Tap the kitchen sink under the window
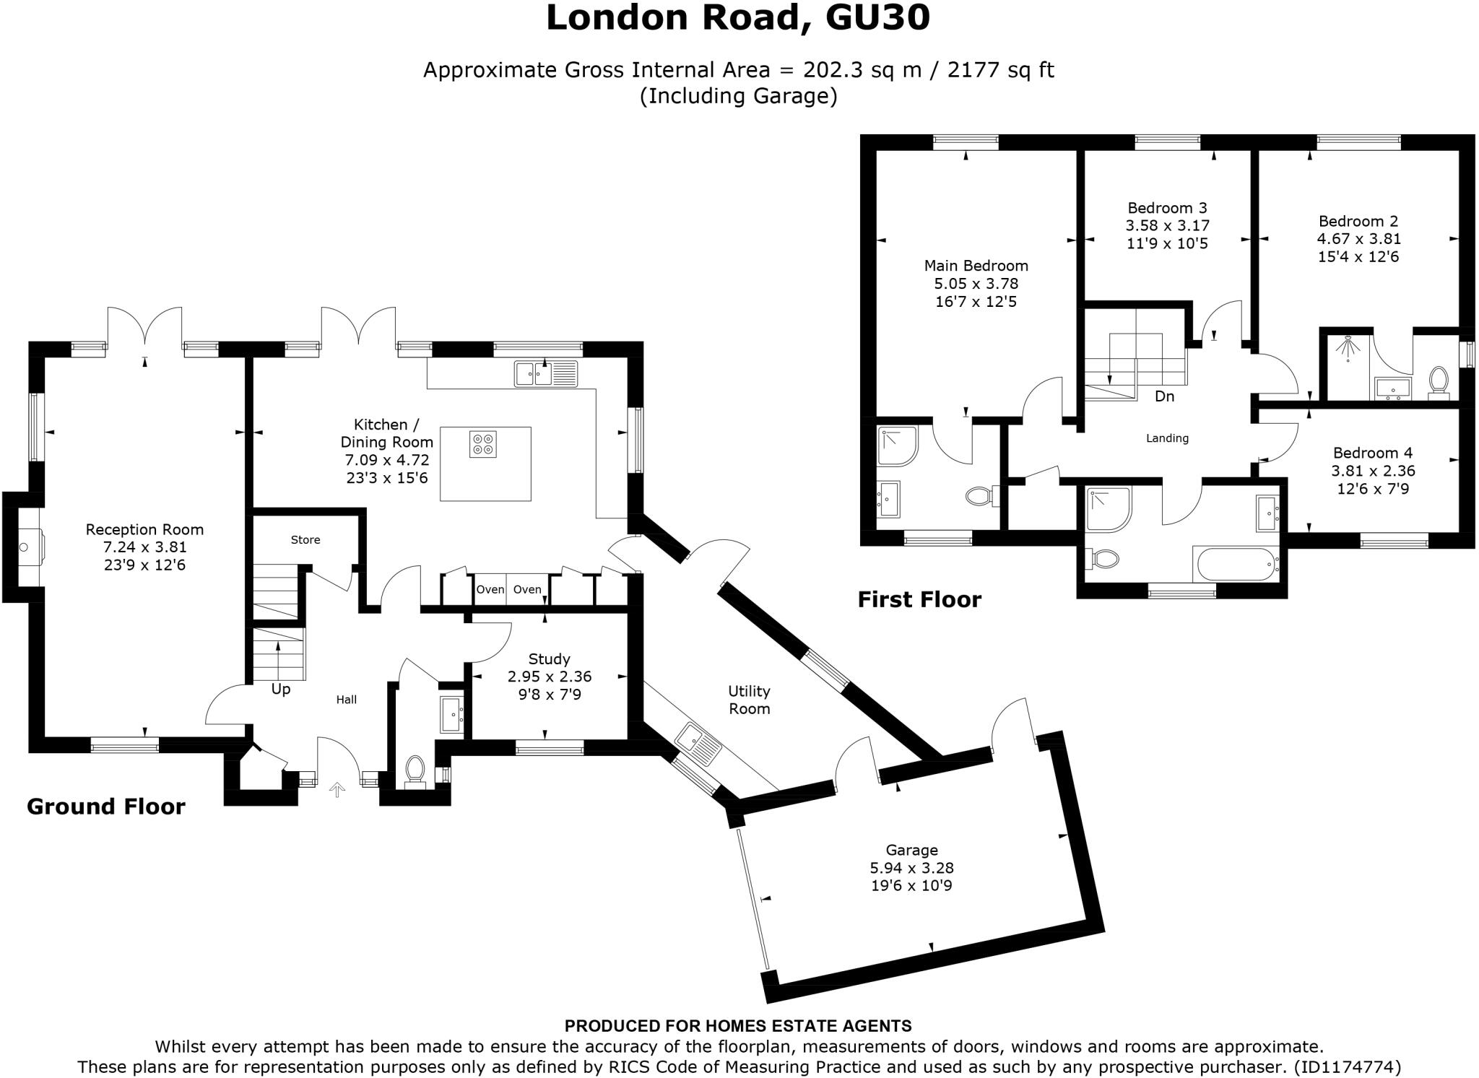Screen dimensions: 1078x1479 click(x=546, y=373)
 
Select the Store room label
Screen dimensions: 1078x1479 click(x=305, y=540)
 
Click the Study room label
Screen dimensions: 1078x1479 click(x=549, y=659)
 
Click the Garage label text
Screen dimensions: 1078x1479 click(x=911, y=851)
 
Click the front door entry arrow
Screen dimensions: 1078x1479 click(x=337, y=791)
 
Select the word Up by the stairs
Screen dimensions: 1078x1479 click(x=281, y=690)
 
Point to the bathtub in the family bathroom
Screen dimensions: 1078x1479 click(x=1235, y=564)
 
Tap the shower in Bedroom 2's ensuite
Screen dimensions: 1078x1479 click(x=1346, y=349)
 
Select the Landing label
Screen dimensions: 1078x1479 click(x=1167, y=438)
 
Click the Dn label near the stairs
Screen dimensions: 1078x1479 click(x=1164, y=396)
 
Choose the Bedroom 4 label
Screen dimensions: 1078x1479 click(x=1373, y=453)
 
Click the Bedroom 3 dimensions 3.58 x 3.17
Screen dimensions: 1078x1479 click(x=1167, y=226)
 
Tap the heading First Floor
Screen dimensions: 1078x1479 click(x=919, y=600)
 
